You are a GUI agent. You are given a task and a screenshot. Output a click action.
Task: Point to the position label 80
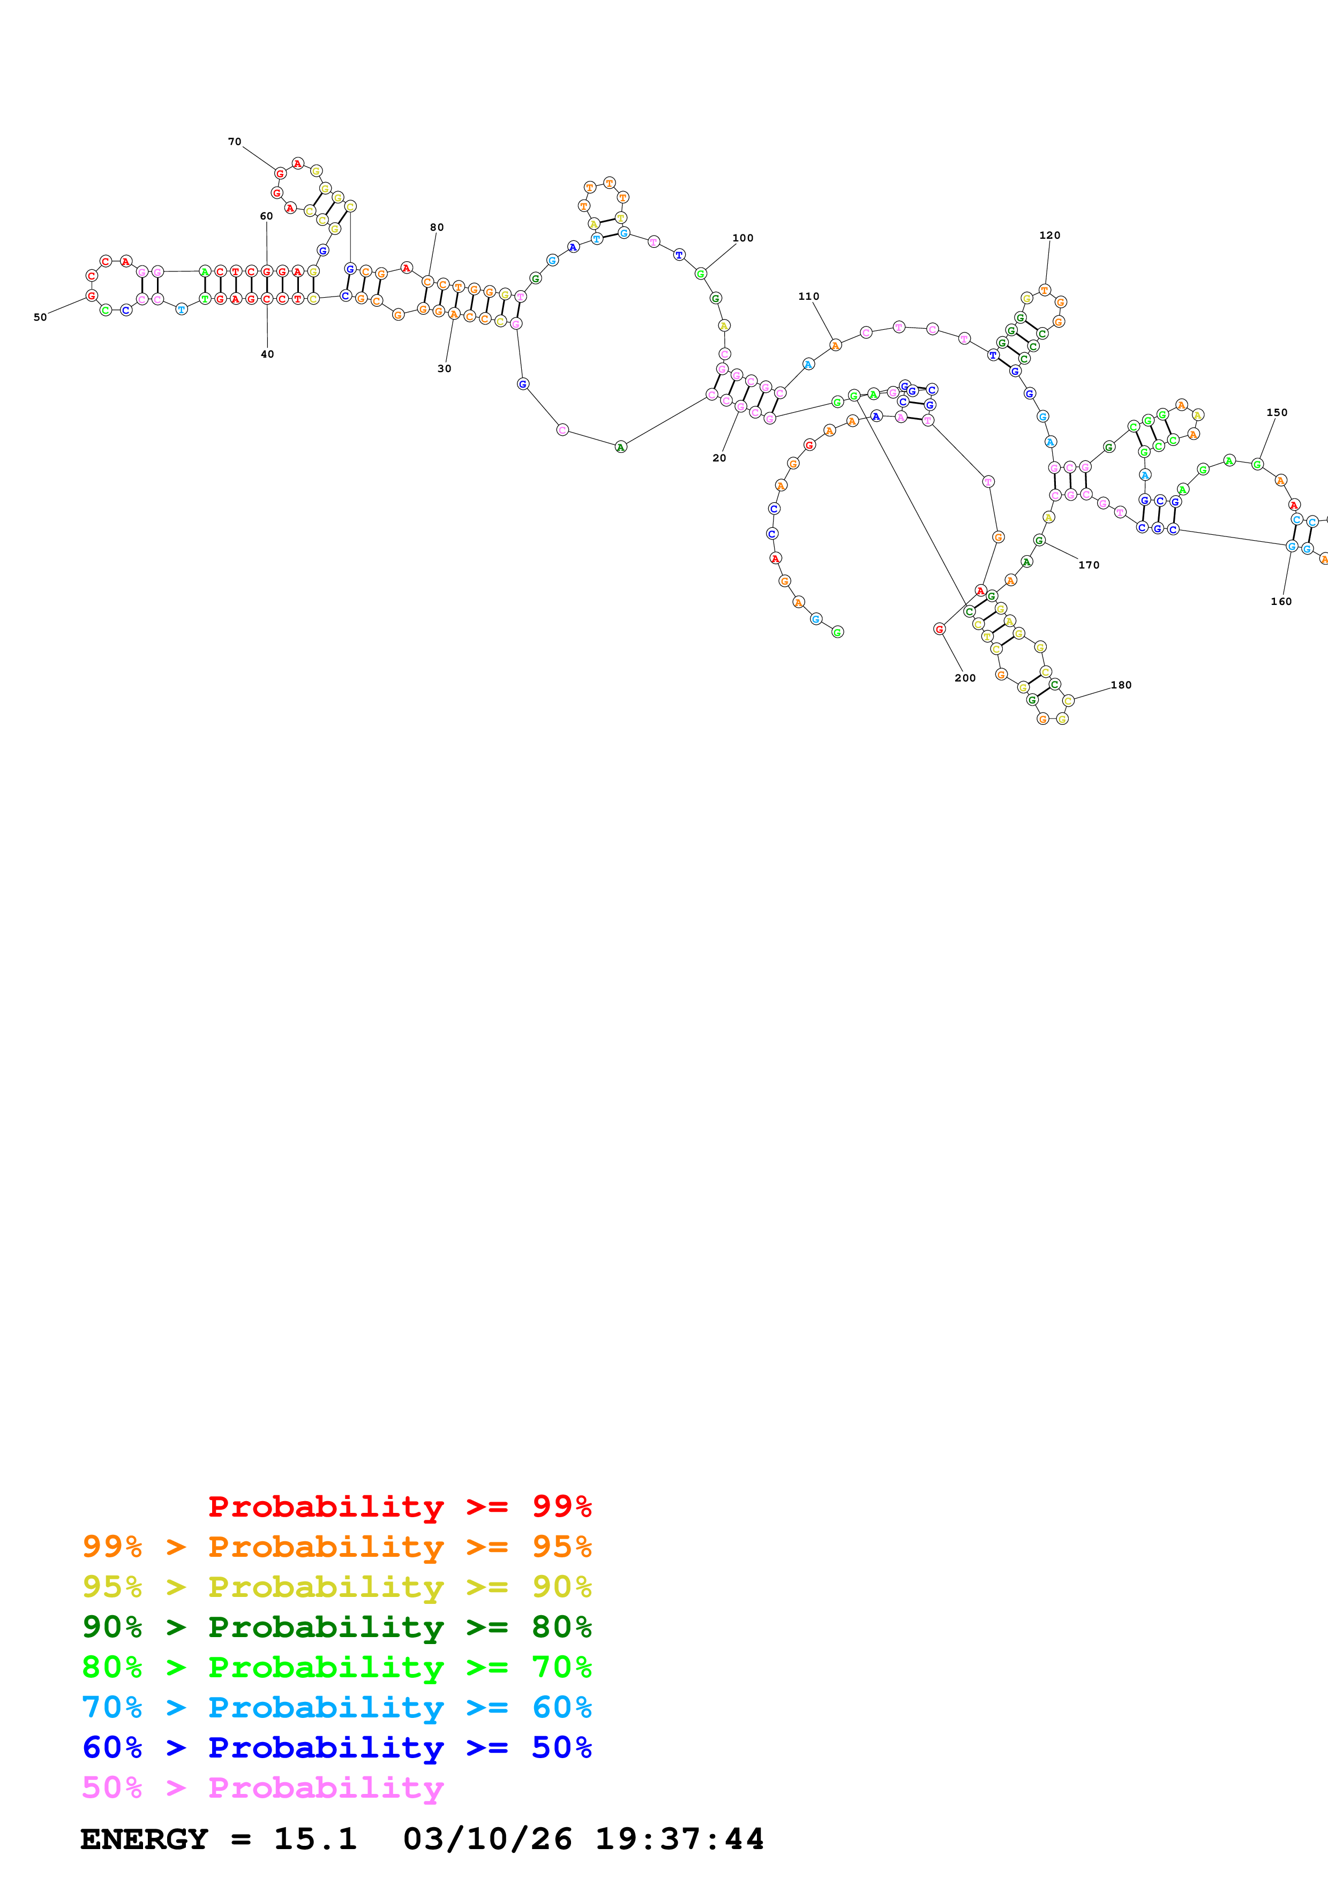[437, 228]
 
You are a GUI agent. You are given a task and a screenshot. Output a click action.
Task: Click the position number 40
[267, 354]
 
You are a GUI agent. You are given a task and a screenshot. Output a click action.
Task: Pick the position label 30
[444, 369]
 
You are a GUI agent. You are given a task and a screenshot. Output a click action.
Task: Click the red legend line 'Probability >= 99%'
[399, 1506]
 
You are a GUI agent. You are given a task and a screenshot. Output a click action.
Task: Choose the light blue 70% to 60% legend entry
[337, 1708]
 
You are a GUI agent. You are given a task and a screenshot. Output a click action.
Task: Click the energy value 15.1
[315, 1839]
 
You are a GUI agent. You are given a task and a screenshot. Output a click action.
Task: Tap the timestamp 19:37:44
[679, 1839]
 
